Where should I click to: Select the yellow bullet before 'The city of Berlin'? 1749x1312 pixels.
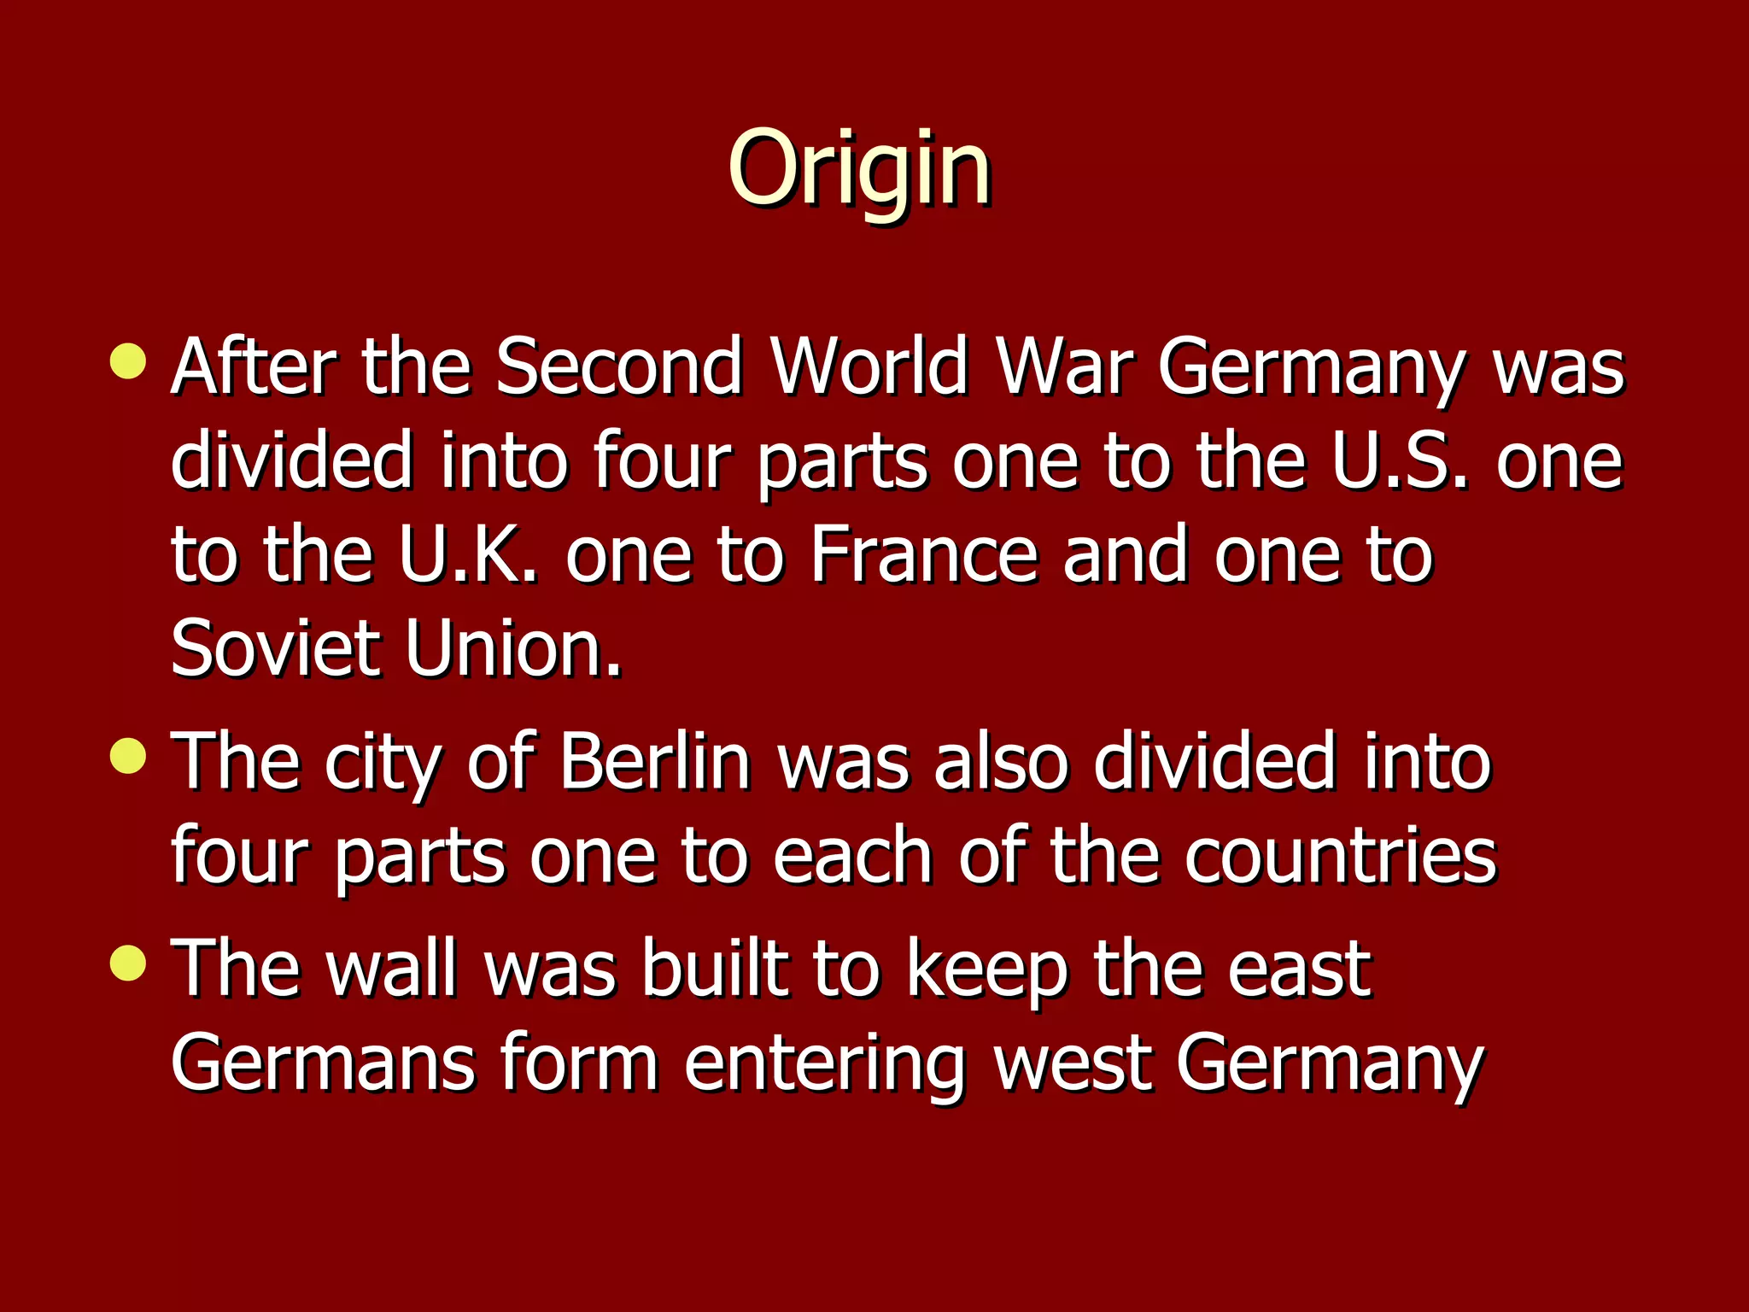tap(128, 755)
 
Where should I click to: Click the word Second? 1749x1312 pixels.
tap(619, 367)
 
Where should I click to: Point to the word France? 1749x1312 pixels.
tap(923, 556)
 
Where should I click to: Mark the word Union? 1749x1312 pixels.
tap(513, 649)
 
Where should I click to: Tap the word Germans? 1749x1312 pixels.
tap(323, 1063)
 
